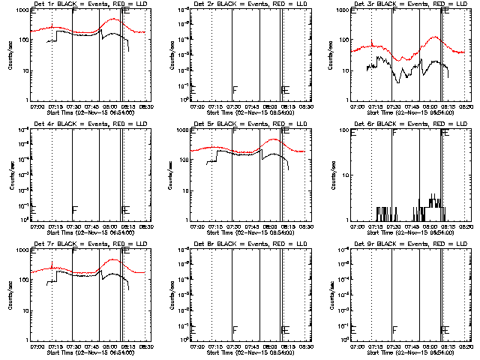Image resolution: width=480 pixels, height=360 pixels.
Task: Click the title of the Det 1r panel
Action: (82, 4)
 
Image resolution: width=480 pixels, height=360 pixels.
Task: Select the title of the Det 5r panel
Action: (243, 124)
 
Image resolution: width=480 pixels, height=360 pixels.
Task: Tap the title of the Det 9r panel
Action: (403, 244)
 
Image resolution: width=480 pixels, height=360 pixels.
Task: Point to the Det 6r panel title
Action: (403, 124)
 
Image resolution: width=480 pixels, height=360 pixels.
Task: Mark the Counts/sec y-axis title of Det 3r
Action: (330, 55)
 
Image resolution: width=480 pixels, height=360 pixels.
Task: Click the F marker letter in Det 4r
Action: (75, 209)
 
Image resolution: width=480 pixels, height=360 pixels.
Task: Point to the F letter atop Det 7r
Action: (74, 251)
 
